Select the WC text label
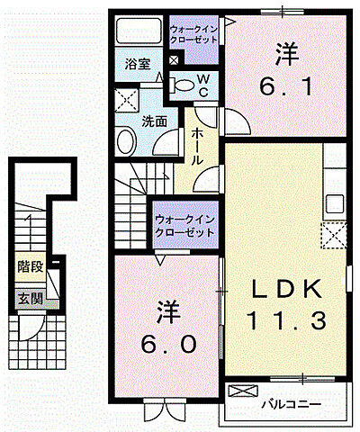coord(203,85)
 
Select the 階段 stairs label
coord(29,266)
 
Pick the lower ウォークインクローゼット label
coord(184,225)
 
